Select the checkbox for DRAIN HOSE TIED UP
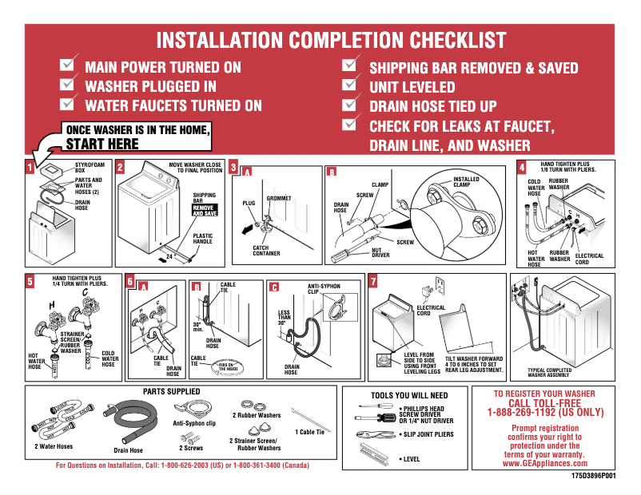pyautogui.click(x=349, y=104)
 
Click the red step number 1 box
pyautogui.click(x=30, y=168)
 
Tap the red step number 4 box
pyautogui.click(x=521, y=168)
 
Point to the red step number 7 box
pyautogui.click(x=373, y=281)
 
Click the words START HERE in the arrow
pyautogui.click(x=102, y=144)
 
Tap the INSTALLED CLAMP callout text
pyautogui.click(x=466, y=183)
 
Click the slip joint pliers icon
pyautogui.click(x=373, y=434)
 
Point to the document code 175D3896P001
pyautogui.click(x=593, y=475)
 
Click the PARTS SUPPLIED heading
pyautogui.click(x=171, y=392)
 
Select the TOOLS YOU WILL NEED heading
pyautogui.click(x=409, y=395)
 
